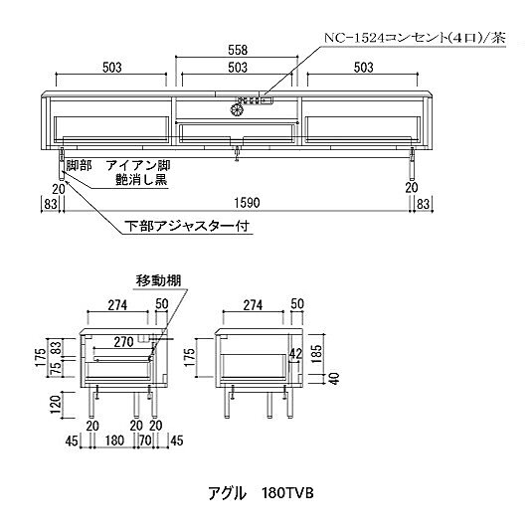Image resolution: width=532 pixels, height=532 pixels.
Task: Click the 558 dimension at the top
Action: pyautogui.click(x=238, y=50)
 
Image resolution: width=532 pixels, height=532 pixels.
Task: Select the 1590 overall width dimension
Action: pyautogui.click(x=248, y=203)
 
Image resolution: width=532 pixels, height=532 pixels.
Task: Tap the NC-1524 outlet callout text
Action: pyautogui.click(x=415, y=38)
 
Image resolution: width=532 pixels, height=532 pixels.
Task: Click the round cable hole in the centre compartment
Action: pyautogui.click(x=236, y=109)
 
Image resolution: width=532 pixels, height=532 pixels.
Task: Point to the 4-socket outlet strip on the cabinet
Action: pyautogui.click(x=256, y=100)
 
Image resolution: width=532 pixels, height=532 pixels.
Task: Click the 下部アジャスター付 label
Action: pyautogui.click(x=188, y=226)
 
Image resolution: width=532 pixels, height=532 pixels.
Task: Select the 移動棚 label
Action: pyautogui.click(x=159, y=281)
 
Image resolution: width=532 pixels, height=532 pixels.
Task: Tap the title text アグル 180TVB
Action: pyautogui.click(x=261, y=493)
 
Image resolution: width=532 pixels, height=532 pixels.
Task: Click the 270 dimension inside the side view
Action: pyautogui.click(x=123, y=342)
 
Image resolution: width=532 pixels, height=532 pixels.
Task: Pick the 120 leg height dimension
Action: pyautogui.click(x=57, y=405)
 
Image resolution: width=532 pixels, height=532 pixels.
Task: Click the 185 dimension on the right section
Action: pyautogui.click(x=316, y=354)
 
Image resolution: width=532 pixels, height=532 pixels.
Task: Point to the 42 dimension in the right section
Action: pyautogui.click(x=295, y=354)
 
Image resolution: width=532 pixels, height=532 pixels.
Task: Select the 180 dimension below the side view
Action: pyautogui.click(x=114, y=441)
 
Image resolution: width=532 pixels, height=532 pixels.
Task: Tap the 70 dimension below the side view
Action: pyautogui.click(x=145, y=441)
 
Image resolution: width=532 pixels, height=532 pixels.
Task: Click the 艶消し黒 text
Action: pyautogui.click(x=141, y=179)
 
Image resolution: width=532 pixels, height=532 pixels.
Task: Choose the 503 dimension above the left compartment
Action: pyautogui.click(x=112, y=68)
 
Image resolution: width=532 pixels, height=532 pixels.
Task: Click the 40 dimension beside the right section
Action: pyautogui.click(x=334, y=378)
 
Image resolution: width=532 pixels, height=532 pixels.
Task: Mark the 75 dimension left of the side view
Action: pyautogui.click(x=57, y=368)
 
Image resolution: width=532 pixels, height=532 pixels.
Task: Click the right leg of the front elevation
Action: pyautogui.click(x=413, y=163)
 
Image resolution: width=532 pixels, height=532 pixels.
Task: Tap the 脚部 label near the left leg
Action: pyautogui.click(x=79, y=166)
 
